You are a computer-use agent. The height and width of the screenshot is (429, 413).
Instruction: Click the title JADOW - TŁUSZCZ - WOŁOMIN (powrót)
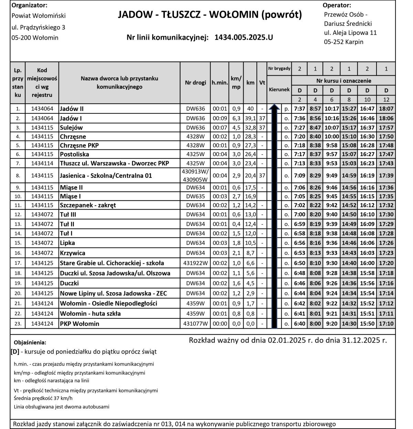coord(210,14)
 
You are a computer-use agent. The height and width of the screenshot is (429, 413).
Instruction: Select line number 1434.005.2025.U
coord(243,37)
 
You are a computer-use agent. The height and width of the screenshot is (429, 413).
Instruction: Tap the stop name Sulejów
coord(71,127)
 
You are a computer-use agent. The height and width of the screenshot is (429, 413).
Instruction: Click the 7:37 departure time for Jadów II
coord(300,109)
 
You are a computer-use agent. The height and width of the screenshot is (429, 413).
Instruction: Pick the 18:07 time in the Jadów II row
coord(386,109)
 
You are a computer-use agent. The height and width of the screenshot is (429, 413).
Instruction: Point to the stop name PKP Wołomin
coord(80,324)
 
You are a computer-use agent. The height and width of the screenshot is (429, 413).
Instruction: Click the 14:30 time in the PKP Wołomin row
coord(349,324)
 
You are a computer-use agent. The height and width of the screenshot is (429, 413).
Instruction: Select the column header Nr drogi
coord(195,83)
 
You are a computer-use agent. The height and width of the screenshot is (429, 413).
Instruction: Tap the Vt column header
coord(262,83)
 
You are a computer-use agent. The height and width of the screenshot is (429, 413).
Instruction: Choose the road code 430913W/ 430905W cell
coord(195,175)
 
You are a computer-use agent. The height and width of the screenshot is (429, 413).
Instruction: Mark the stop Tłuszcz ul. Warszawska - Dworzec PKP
coord(114,163)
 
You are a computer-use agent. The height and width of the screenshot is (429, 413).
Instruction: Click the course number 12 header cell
coord(386,100)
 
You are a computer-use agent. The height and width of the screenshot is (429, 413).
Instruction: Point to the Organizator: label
coord(30,5)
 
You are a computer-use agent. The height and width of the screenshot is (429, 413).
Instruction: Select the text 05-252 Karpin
coord(343,42)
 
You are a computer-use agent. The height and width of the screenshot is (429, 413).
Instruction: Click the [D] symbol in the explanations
coord(15,352)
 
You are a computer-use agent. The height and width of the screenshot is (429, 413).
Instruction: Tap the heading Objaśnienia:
coord(30,343)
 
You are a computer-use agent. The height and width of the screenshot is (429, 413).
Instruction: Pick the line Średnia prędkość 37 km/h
coord(43,398)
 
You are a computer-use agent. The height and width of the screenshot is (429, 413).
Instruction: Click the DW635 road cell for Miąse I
coord(195,196)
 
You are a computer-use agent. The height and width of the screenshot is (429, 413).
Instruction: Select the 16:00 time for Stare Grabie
coord(367,263)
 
